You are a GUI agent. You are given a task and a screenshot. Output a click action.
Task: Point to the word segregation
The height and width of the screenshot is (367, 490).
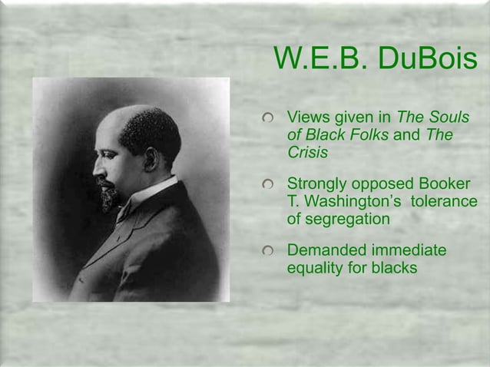[x=348, y=219]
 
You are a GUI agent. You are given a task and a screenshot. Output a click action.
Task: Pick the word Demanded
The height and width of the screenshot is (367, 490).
[x=326, y=252]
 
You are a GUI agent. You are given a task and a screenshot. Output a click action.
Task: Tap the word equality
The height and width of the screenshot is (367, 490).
[x=313, y=269]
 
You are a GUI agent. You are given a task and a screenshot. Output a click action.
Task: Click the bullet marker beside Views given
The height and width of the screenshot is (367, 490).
[x=267, y=119]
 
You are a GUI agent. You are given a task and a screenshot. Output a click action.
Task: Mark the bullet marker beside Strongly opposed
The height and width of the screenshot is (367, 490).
[x=267, y=186]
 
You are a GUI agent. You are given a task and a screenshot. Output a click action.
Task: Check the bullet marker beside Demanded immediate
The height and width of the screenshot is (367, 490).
[x=267, y=253]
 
